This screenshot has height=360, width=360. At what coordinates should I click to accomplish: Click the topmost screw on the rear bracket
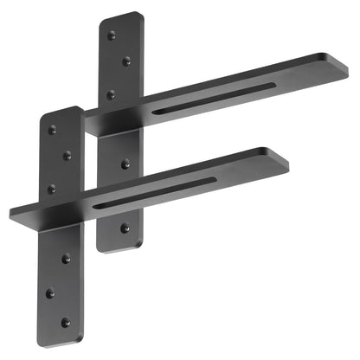click(x=111, y=35)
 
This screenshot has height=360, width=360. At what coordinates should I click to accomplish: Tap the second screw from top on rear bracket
click(x=126, y=61)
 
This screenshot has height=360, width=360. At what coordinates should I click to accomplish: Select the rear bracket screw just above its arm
click(x=110, y=93)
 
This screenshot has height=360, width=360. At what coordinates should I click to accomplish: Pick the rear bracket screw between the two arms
click(x=125, y=163)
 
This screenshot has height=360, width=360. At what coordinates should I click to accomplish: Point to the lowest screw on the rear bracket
click(x=125, y=228)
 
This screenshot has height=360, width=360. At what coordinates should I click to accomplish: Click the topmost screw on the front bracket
click(x=52, y=130)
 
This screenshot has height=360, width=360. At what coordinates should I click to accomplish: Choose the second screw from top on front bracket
click(x=67, y=156)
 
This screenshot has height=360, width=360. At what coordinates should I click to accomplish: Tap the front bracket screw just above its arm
click(x=51, y=188)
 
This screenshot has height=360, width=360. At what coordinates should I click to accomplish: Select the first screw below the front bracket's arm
click(x=67, y=257)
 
